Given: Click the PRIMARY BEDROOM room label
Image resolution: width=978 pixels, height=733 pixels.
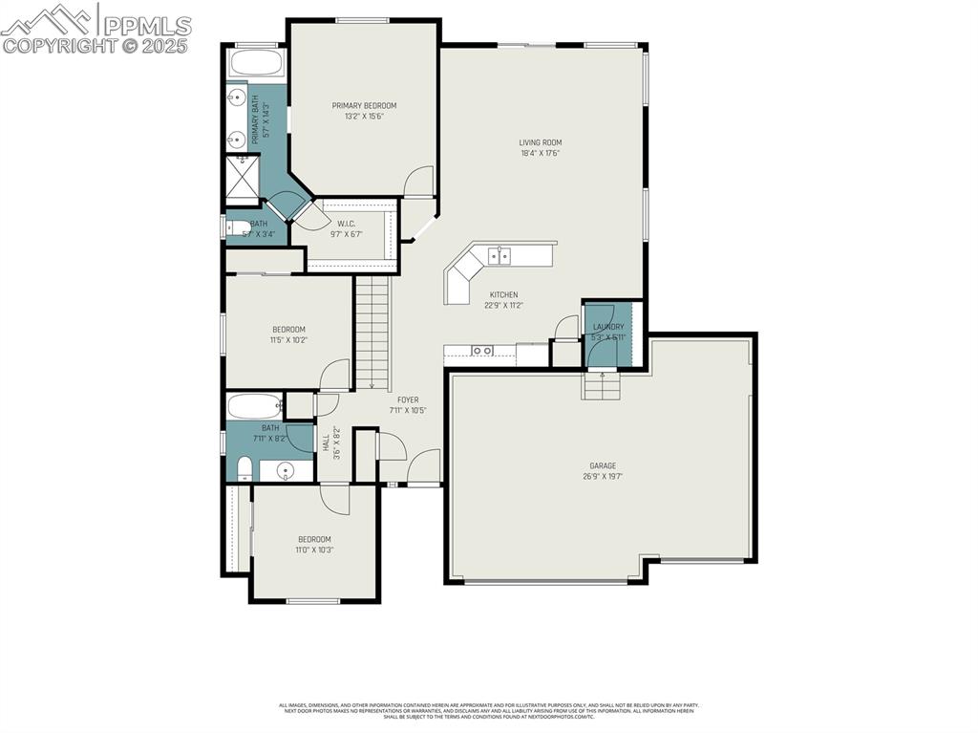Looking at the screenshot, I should click(x=364, y=106).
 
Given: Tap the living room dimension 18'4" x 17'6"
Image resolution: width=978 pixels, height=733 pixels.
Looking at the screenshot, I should click(x=540, y=153).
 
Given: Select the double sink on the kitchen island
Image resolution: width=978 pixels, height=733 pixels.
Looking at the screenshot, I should click(x=499, y=255).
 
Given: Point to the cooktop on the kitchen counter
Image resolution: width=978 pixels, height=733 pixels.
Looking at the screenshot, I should click(x=482, y=351).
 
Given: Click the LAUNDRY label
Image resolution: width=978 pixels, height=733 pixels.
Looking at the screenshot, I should click(x=607, y=327).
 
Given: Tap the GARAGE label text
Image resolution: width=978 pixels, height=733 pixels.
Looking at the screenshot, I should click(x=602, y=465).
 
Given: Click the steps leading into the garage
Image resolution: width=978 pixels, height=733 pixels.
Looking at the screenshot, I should click(x=601, y=386).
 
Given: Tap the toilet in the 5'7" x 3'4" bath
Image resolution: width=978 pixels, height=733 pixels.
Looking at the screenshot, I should click(x=235, y=227).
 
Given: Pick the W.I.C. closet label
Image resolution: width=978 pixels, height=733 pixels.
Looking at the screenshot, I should click(x=347, y=225).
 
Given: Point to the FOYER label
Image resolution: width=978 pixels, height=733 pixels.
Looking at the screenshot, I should click(x=408, y=400).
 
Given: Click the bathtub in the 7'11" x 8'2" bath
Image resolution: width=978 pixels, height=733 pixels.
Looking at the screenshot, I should click(x=255, y=405).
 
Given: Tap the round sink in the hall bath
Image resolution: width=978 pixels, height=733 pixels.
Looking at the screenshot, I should click(x=284, y=470).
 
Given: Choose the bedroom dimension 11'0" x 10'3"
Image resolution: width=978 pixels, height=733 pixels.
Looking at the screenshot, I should click(x=314, y=550).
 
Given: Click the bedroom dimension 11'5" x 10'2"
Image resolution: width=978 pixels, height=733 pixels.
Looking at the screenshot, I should click(x=288, y=339).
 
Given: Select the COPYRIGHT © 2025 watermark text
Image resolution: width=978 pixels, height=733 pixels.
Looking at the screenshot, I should click(x=96, y=45).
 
